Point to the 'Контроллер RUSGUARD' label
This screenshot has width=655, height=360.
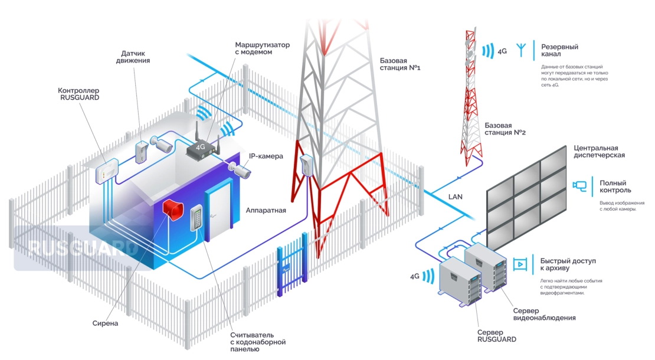79,94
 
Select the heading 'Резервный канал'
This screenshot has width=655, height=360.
559,51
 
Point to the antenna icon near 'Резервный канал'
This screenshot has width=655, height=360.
521,50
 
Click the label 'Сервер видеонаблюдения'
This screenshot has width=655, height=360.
544,314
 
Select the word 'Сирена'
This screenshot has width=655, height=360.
106,323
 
